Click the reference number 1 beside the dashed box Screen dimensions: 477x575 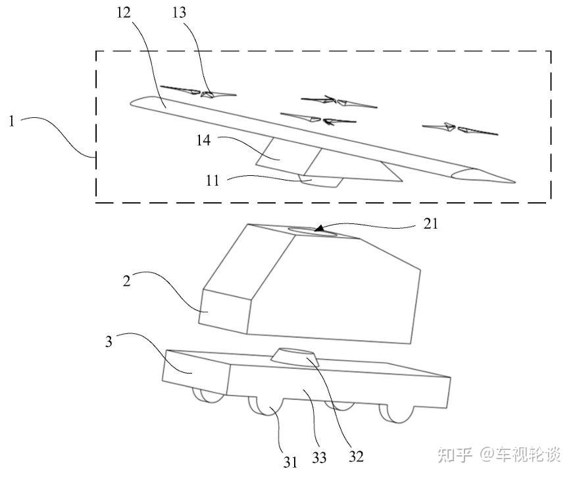(x=11, y=121)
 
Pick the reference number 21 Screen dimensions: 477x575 (x=430, y=225)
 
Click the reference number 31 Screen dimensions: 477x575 (x=290, y=461)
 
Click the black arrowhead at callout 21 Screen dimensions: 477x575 (x=318, y=229)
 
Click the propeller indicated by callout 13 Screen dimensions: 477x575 (x=209, y=94)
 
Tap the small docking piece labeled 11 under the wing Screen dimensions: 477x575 (x=320, y=181)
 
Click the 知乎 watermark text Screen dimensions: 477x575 (x=455, y=454)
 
